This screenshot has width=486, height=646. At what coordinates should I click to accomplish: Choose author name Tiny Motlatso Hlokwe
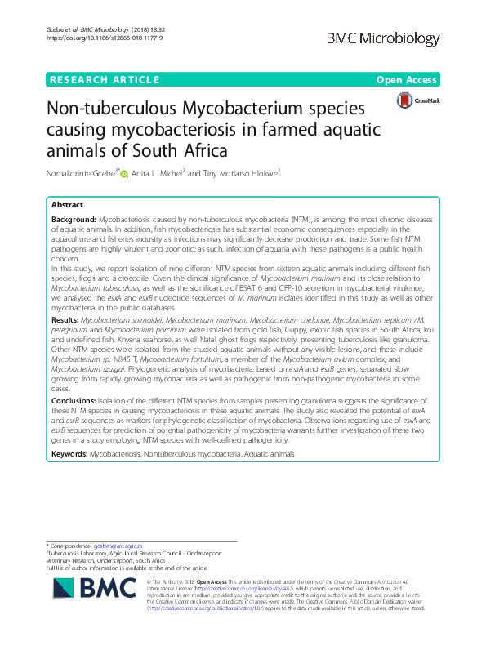[x=241, y=172]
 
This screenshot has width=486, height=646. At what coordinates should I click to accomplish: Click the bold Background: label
[x=73, y=221]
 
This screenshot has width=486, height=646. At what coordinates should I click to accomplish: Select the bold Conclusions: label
[x=74, y=401]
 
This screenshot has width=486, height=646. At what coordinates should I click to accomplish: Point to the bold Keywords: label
[x=69, y=452]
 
